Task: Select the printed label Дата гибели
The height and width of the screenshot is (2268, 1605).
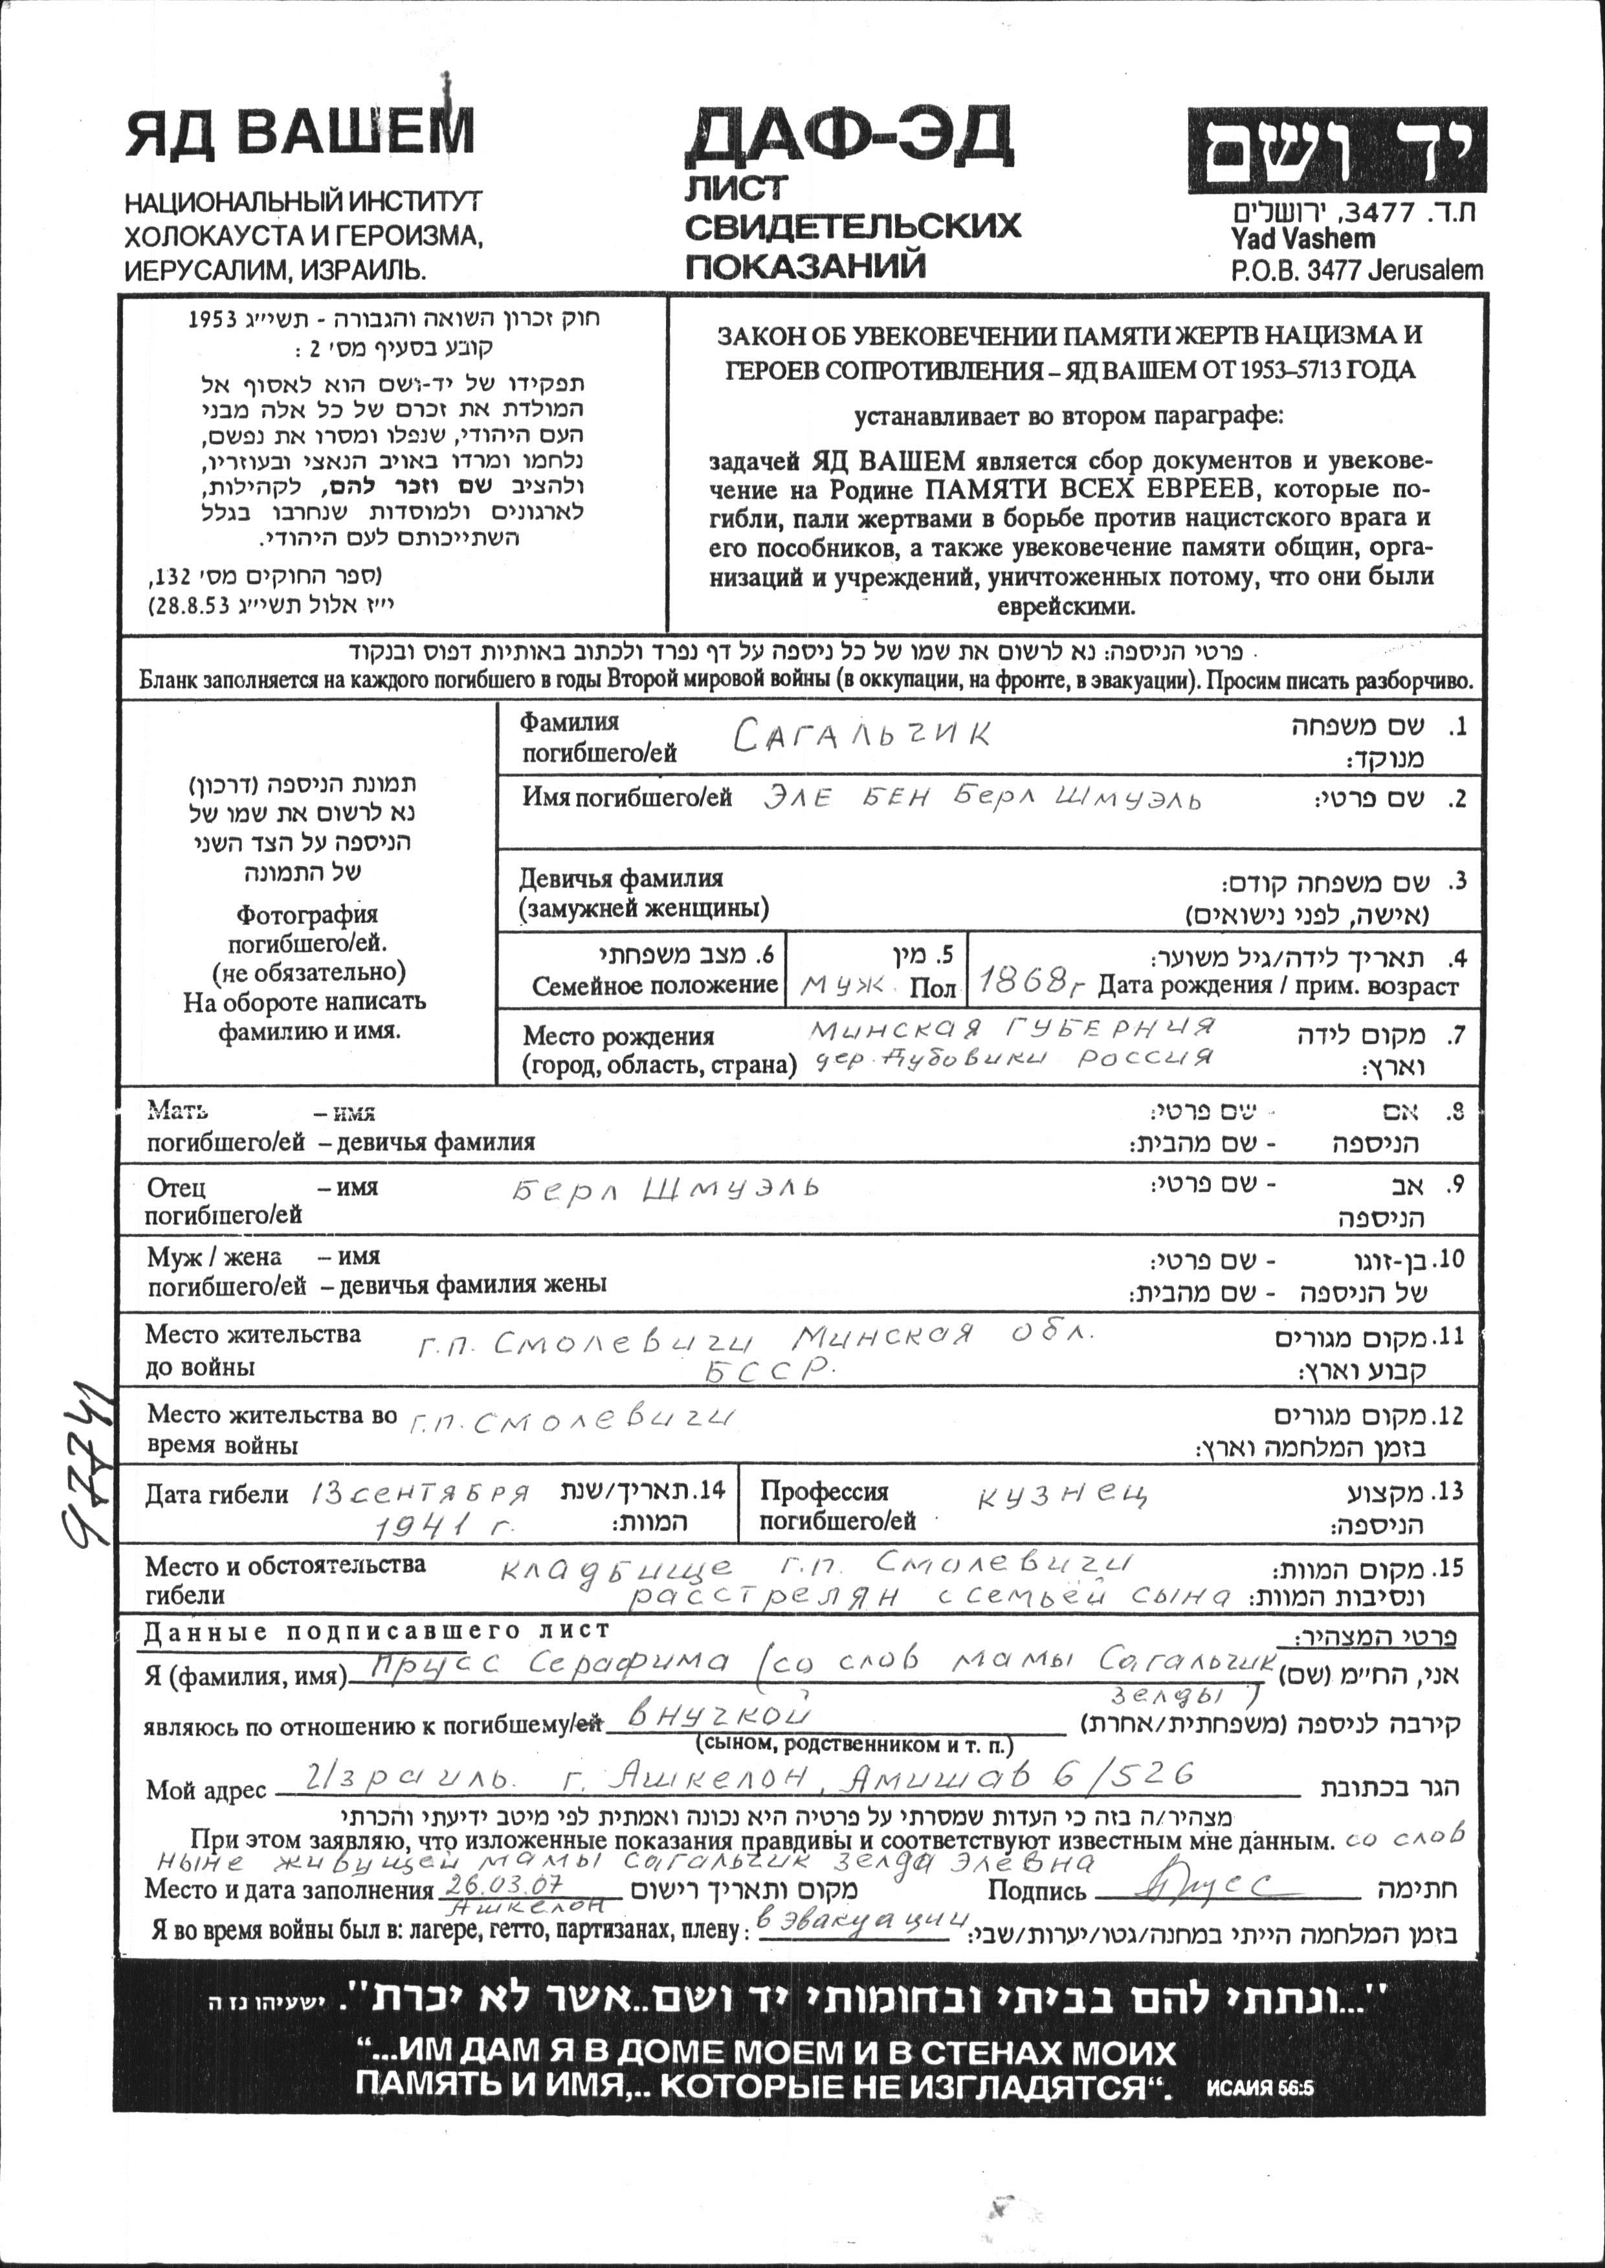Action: point(217,1495)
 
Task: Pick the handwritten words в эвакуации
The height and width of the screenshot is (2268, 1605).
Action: point(860,1930)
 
